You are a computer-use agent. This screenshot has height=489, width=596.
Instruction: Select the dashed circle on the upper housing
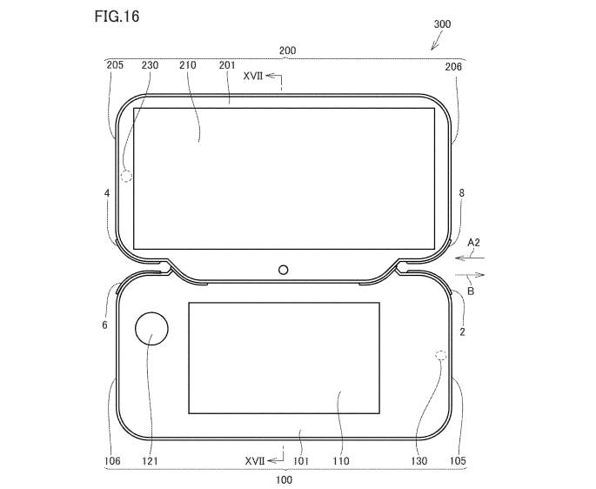(127, 177)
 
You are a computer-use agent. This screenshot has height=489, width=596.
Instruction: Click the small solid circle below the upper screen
(284, 270)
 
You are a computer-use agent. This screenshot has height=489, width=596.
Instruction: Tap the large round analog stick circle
(153, 331)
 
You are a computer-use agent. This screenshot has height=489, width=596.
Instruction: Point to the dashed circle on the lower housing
(440, 357)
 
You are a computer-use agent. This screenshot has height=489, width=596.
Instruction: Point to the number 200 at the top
(288, 51)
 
